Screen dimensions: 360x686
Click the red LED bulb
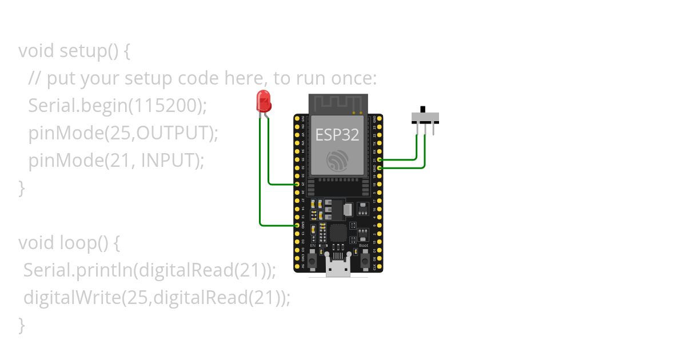pyautogui.click(x=264, y=101)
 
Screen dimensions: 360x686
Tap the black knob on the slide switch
pyautogui.click(x=423, y=109)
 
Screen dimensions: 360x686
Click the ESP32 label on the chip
pyautogui.click(x=337, y=135)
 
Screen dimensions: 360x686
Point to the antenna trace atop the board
pyautogui.click(x=337, y=103)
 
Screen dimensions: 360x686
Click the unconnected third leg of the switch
pyautogui.click(x=433, y=129)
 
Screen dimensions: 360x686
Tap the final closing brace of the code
pyautogui.click(x=22, y=325)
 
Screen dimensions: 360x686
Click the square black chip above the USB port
pyautogui.click(x=338, y=233)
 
